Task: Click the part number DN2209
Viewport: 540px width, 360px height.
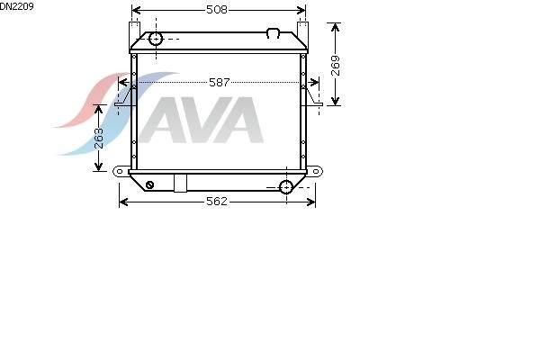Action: (16, 6)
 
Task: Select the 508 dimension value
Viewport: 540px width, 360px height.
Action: (217, 10)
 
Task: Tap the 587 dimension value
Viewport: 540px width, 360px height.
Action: (219, 82)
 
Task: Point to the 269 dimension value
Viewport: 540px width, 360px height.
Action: (335, 66)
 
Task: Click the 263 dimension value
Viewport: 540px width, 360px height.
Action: (99, 138)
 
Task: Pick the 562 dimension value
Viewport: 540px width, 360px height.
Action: (217, 202)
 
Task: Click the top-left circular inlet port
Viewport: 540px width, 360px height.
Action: (156, 39)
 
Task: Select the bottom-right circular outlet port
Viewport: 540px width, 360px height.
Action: (286, 187)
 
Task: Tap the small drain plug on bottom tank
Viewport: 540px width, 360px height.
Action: (149, 184)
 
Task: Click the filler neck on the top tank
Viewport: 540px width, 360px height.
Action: (273, 33)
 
